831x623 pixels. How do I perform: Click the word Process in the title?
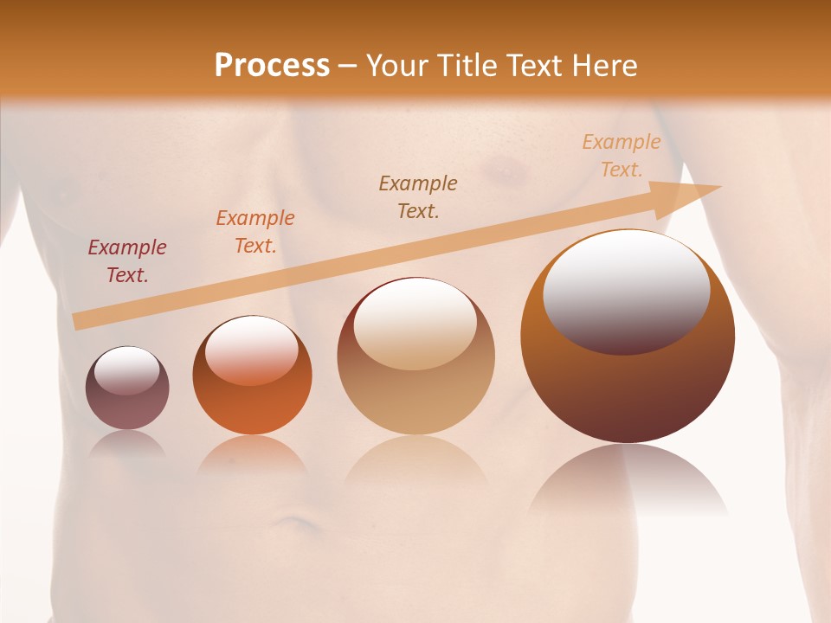pos(272,66)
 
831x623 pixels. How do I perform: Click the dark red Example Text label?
pos(126,261)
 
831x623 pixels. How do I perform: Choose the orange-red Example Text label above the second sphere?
pos(254,232)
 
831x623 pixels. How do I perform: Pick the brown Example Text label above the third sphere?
pos(418,197)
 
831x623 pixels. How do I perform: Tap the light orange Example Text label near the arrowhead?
pos(621,156)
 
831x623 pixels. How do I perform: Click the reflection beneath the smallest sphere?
pos(127,445)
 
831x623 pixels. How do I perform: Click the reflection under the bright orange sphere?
pos(252,454)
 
